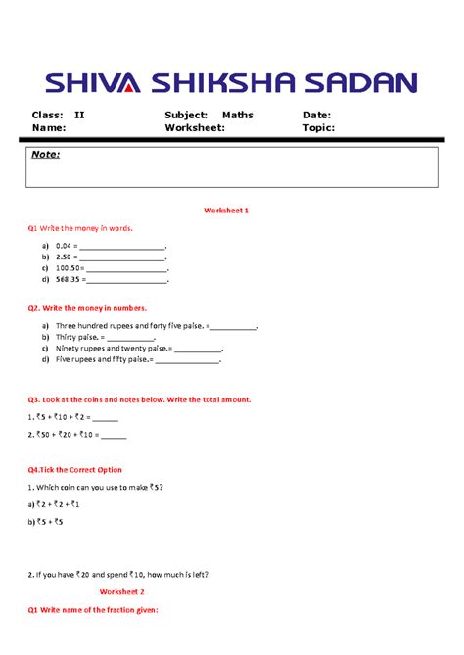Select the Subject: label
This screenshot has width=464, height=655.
pyautogui.click(x=186, y=115)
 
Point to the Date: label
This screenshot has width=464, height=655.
pyautogui.click(x=317, y=115)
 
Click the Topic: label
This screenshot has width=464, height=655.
pyautogui.click(x=319, y=127)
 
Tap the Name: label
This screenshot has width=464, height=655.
pyautogui.click(x=49, y=127)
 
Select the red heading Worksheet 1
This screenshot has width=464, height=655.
pyautogui.click(x=226, y=211)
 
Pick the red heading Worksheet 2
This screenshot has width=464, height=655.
pyautogui.click(x=121, y=592)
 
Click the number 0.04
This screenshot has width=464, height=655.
pyautogui.click(x=66, y=245)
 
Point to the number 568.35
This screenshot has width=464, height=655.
pyautogui.click(x=70, y=279)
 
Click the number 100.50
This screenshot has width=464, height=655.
pyautogui.click(x=69, y=267)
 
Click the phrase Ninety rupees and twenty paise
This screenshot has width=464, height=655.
pyautogui.click(x=110, y=349)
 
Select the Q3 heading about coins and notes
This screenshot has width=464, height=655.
pyautogui.click(x=139, y=399)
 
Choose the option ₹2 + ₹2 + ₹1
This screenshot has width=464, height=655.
pyautogui.click(x=60, y=504)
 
